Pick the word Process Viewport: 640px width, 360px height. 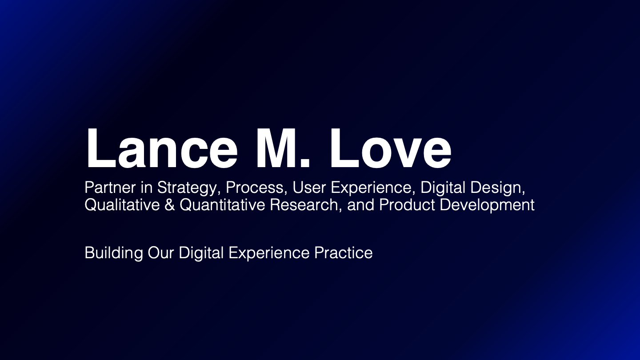(255, 188)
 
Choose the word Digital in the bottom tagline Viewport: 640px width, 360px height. (201, 253)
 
